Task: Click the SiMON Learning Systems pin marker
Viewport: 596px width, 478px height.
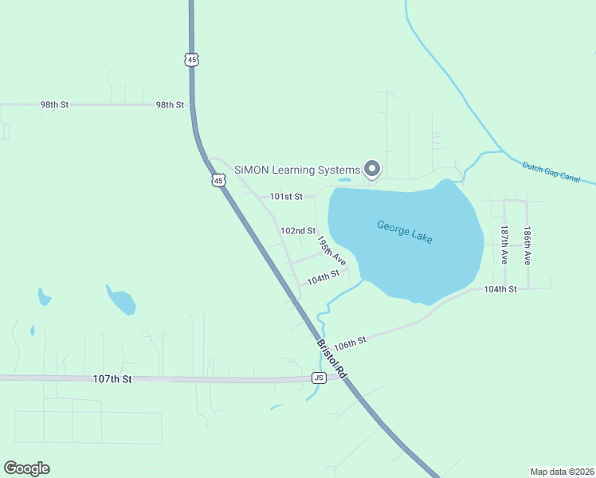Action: click(x=371, y=168)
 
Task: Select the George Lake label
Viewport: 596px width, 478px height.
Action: click(x=405, y=231)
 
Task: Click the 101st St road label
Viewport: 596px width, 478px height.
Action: click(x=286, y=196)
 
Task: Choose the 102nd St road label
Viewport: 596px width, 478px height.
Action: click(x=298, y=231)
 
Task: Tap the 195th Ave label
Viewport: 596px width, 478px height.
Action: click(x=331, y=250)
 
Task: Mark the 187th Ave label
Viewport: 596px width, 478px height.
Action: click(x=504, y=245)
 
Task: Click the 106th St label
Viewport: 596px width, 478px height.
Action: click(x=350, y=343)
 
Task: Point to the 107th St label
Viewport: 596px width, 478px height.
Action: click(x=112, y=380)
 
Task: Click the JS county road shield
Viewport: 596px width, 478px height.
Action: click(x=320, y=378)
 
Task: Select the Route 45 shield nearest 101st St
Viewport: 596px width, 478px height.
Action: click(x=218, y=181)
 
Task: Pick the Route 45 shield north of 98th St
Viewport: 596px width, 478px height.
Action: click(x=190, y=59)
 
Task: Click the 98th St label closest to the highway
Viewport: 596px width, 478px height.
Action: click(x=170, y=105)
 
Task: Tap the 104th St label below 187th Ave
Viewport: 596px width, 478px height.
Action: click(x=500, y=289)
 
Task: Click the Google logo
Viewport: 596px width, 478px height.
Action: click(x=26, y=468)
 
